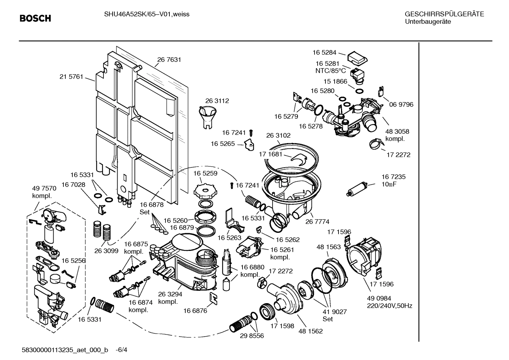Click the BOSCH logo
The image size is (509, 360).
(x=35, y=18)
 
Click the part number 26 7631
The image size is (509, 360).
(x=169, y=60)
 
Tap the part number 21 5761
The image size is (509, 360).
(x=71, y=76)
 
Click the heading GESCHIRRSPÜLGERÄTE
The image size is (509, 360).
(x=444, y=14)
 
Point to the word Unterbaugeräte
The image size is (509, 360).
(x=427, y=22)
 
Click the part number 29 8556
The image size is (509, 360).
(x=252, y=336)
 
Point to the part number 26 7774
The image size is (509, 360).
(x=317, y=222)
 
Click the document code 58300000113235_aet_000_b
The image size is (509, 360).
(x=65, y=350)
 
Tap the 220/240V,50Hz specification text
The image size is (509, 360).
(x=389, y=306)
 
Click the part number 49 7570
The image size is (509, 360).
(x=44, y=188)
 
